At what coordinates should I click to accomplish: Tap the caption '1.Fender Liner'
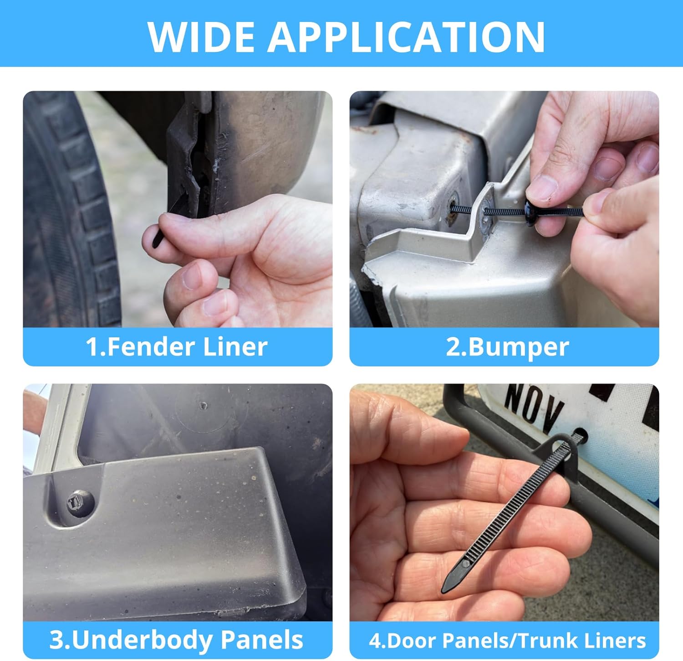coord(177,347)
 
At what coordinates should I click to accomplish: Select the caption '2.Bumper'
coord(507,347)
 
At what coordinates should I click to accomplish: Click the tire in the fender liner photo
coord(68,210)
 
